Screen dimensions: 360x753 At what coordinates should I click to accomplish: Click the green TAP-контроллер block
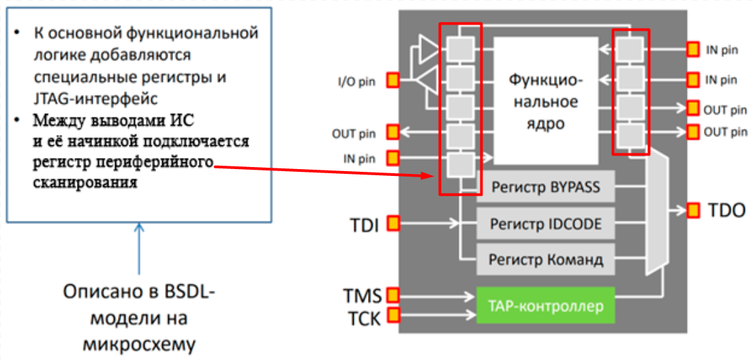tap(545, 305)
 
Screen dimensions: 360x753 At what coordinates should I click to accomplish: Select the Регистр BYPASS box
tap(545, 187)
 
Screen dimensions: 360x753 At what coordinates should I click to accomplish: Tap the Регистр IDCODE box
tap(545, 223)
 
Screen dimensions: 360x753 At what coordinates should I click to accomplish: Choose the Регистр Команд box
tap(545, 259)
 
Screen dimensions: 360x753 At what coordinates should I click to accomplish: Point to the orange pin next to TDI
tap(393, 223)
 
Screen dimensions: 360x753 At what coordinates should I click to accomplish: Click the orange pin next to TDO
tap(694, 209)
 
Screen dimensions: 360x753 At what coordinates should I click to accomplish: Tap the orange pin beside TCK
tap(393, 315)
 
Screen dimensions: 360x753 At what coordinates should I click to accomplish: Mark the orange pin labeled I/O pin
tap(393, 80)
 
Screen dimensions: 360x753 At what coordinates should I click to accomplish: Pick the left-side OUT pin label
tap(354, 133)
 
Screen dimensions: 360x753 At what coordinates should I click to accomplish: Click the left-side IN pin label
tap(358, 159)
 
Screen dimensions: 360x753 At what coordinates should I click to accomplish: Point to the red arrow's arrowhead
tap(427, 177)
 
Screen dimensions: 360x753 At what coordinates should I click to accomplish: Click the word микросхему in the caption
tap(139, 344)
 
